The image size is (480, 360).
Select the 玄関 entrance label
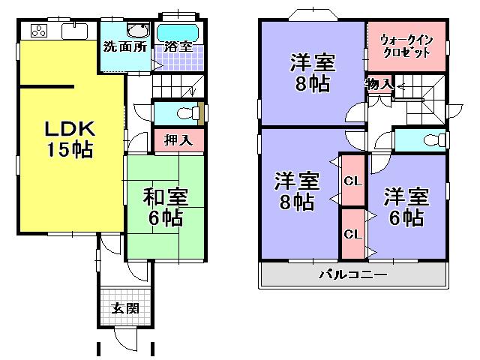coord(125,309)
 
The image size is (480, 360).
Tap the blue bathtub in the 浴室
coord(177,32)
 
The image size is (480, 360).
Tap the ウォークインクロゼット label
coord(406,46)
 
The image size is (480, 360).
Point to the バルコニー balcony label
coord(353,274)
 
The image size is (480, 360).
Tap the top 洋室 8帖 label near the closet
coord(310,73)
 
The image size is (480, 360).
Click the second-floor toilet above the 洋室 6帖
coord(428,140)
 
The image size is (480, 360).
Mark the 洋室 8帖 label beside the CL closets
coord(295,191)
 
